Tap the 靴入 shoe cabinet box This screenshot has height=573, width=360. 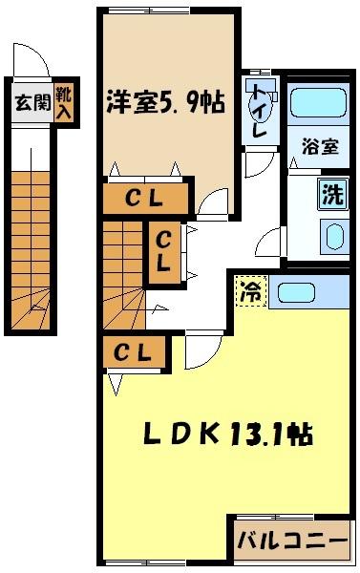click(64, 102)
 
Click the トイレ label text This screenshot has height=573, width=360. click(258, 113)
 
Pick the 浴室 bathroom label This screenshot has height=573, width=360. click(319, 147)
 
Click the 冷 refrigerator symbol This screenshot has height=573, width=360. click(250, 290)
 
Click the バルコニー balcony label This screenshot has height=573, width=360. click(292, 541)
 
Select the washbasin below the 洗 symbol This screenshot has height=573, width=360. click(333, 234)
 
